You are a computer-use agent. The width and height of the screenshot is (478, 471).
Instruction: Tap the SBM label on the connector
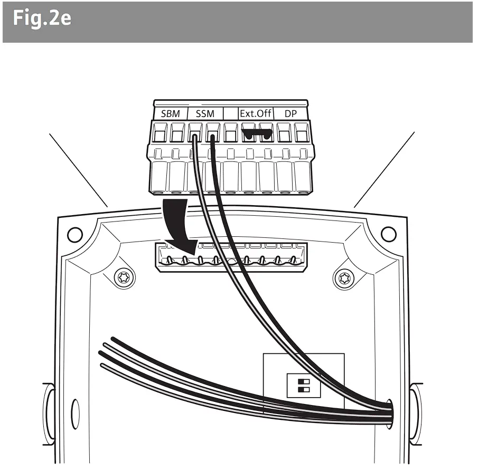tap(170, 113)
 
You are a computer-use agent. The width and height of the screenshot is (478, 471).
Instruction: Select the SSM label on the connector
tap(204, 113)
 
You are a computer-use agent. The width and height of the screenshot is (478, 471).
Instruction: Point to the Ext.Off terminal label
tap(256, 113)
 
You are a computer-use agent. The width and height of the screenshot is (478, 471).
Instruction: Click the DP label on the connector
tap(291, 113)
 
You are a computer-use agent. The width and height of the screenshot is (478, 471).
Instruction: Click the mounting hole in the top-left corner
tap(75, 233)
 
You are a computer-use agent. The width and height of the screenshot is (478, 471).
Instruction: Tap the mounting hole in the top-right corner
tap(388, 232)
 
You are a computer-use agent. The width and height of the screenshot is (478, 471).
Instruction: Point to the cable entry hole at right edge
tap(389, 411)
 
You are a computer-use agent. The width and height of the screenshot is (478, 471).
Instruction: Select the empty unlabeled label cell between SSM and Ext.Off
tap(231, 113)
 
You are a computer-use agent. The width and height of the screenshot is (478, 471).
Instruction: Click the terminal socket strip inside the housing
tap(230, 257)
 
